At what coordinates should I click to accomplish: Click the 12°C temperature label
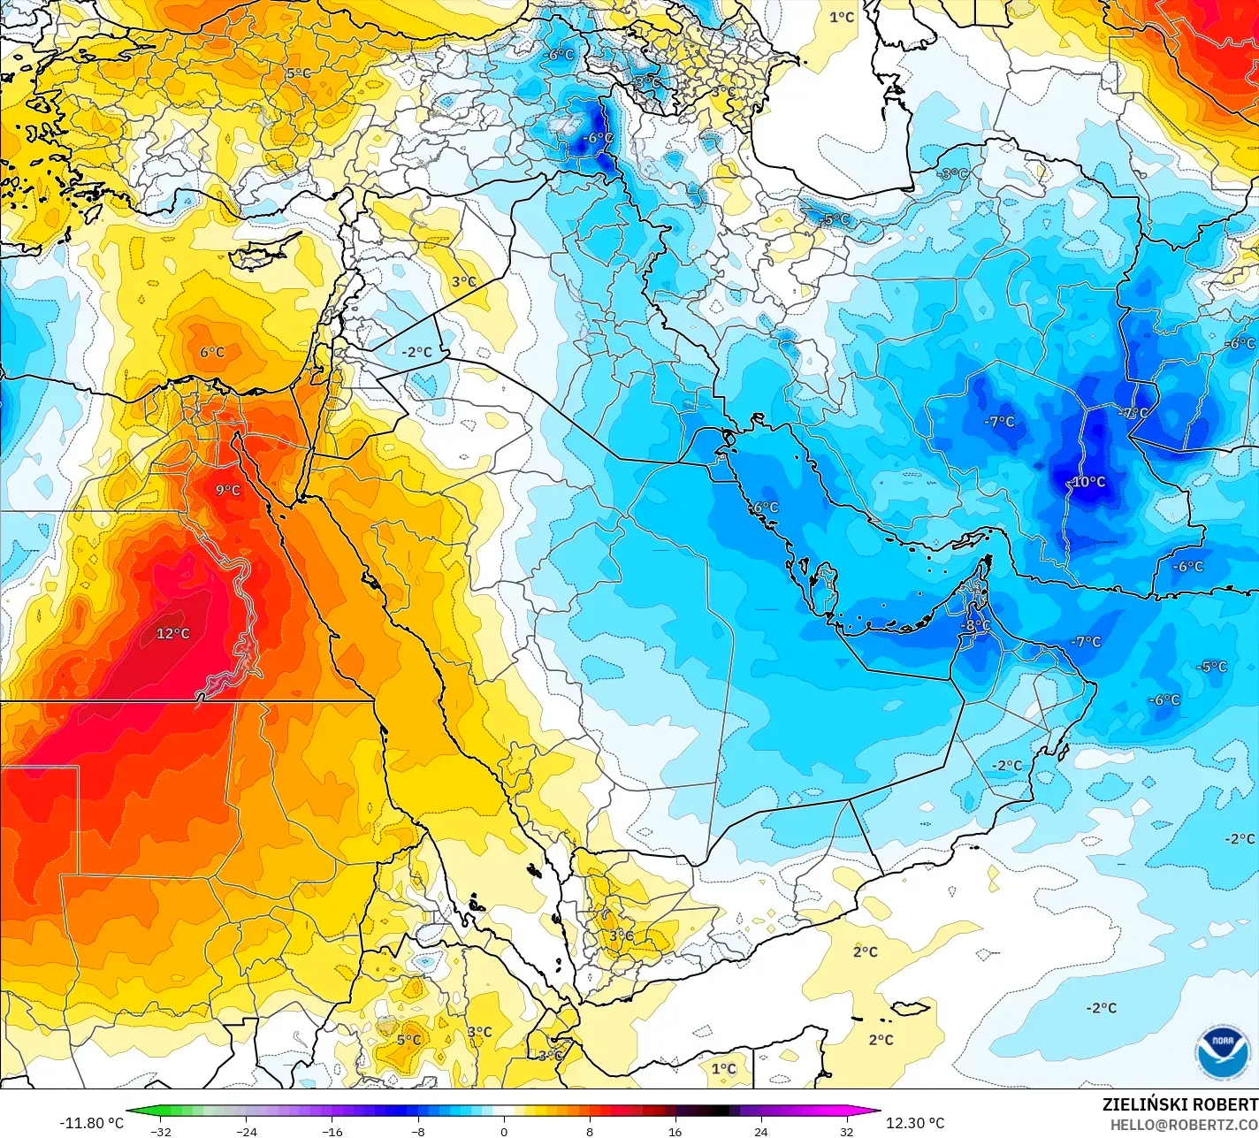pos(173,633)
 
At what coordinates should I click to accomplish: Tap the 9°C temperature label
pos(228,490)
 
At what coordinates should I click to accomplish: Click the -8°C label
pos(976,625)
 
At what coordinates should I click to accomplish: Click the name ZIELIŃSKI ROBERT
pos(1179,1104)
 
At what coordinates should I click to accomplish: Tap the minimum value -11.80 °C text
pos(92,1123)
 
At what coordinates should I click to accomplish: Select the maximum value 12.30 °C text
pos(914,1123)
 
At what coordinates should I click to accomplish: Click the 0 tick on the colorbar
pos(504,1131)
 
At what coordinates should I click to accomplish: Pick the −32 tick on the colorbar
pos(160,1131)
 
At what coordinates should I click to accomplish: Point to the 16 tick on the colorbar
pos(675,1131)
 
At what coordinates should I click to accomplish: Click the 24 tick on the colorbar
pos(761,1131)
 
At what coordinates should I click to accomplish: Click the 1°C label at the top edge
pos(842,17)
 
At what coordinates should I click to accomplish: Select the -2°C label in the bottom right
pos(1102,1008)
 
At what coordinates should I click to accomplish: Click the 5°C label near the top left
pos(298,73)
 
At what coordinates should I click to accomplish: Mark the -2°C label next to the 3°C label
pos(416,352)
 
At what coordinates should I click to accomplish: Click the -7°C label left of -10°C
pos(1000,422)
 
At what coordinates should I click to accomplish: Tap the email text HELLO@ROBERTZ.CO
pos(1184,1124)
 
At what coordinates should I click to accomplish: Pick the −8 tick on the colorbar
pos(418,1131)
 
